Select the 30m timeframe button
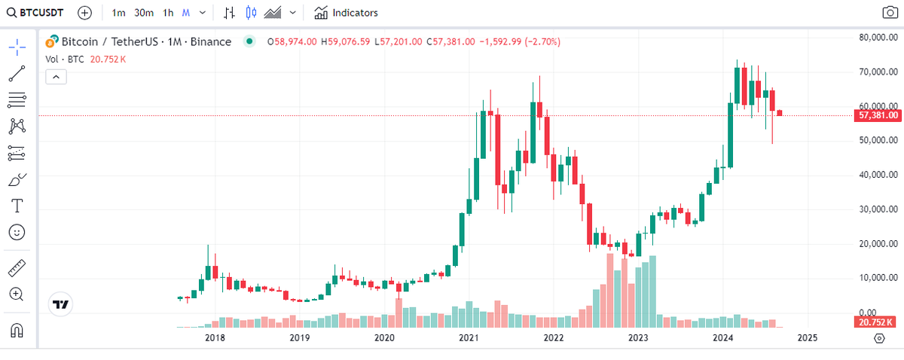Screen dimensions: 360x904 pyautogui.click(x=144, y=13)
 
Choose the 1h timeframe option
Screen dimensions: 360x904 pyautogui.click(x=168, y=13)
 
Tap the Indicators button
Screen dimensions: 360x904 pyautogui.click(x=347, y=13)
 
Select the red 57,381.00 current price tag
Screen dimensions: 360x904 pyautogui.click(x=878, y=115)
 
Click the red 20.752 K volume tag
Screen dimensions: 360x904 pyautogui.click(x=876, y=322)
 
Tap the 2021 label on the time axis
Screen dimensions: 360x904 pyautogui.click(x=469, y=338)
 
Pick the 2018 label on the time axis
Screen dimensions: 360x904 pyautogui.click(x=215, y=338)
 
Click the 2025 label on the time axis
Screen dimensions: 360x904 pyautogui.click(x=808, y=338)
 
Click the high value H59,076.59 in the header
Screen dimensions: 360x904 pyautogui.click(x=345, y=42)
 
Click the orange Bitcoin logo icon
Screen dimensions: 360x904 pyautogui.click(x=52, y=41)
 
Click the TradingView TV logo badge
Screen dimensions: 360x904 pyautogui.click(x=60, y=304)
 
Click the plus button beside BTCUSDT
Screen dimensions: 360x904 pyautogui.click(x=85, y=13)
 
